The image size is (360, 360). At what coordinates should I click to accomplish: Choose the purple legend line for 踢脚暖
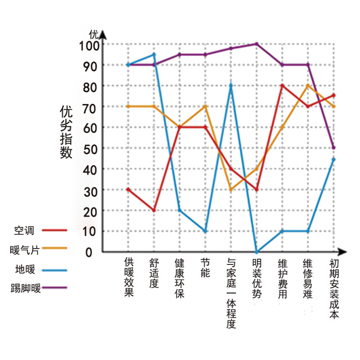54,288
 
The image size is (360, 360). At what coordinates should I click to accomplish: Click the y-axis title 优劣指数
66,132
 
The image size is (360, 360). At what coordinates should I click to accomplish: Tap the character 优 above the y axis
94,34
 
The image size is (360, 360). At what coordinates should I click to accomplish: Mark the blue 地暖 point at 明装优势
257,252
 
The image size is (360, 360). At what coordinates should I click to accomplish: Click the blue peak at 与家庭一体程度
231,85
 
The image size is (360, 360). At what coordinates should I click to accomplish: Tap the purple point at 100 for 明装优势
257,44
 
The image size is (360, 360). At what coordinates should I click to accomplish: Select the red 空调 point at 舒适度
154,210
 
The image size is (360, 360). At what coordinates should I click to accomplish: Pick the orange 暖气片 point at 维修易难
308,85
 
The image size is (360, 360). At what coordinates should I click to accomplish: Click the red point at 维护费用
282,85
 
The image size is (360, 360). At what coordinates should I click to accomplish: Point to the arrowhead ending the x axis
343,252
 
